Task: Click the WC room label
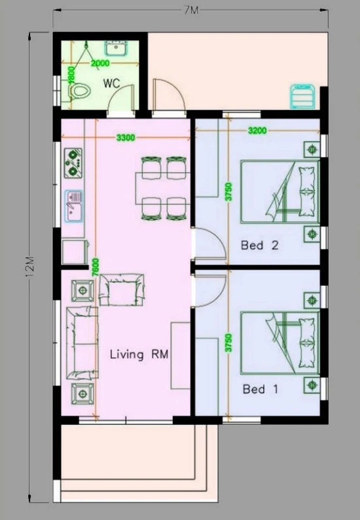point(111,83)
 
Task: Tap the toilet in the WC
point(80,90)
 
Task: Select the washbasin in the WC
point(115,48)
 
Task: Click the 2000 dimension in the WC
point(100,63)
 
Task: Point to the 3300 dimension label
point(126,137)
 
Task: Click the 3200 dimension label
point(257,131)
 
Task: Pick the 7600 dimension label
point(95,267)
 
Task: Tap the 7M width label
point(191,10)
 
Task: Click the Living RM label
point(139,354)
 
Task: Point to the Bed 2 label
point(259,245)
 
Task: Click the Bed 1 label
point(260,389)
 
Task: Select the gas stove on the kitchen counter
point(73,163)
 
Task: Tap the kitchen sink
point(74,206)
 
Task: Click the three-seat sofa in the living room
point(82,343)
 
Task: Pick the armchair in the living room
point(122,290)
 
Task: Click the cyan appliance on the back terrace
point(302,96)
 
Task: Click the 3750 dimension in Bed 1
point(228,343)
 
